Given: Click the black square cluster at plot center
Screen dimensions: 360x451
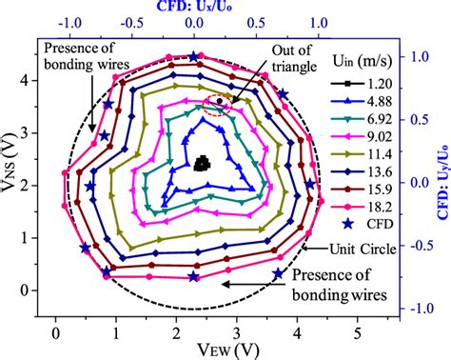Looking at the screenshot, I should pyautogui.click(x=202, y=164).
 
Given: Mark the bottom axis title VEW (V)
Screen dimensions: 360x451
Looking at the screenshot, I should pyautogui.click(x=205, y=349).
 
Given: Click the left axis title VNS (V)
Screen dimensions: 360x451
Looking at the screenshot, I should pyautogui.click(x=12, y=172).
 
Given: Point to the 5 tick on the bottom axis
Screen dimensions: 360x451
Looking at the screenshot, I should pyautogui.click(x=357, y=330).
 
